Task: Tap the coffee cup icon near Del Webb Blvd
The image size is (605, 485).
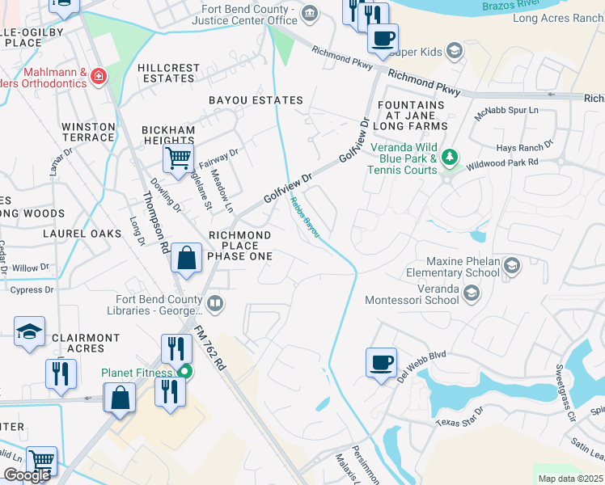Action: tap(381, 361)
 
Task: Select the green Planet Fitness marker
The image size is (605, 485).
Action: tap(185, 373)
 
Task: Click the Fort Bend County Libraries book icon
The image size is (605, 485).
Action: tap(215, 304)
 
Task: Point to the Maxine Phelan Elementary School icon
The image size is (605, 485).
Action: tap(511, 265)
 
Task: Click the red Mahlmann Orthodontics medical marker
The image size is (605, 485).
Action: tap(99, 76)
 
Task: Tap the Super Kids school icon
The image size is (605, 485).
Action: tap(455, 52)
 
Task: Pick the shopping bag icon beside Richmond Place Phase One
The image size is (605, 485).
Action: tap(186, 259)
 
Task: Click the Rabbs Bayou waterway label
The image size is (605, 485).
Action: tap(305, 217)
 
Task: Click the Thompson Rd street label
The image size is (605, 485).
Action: tap(154, 222)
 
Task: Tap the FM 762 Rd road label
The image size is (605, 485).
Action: tap(209, 348)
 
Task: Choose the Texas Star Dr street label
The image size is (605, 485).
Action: tap(459, 417)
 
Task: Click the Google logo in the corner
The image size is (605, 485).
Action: tap(27, 475)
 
